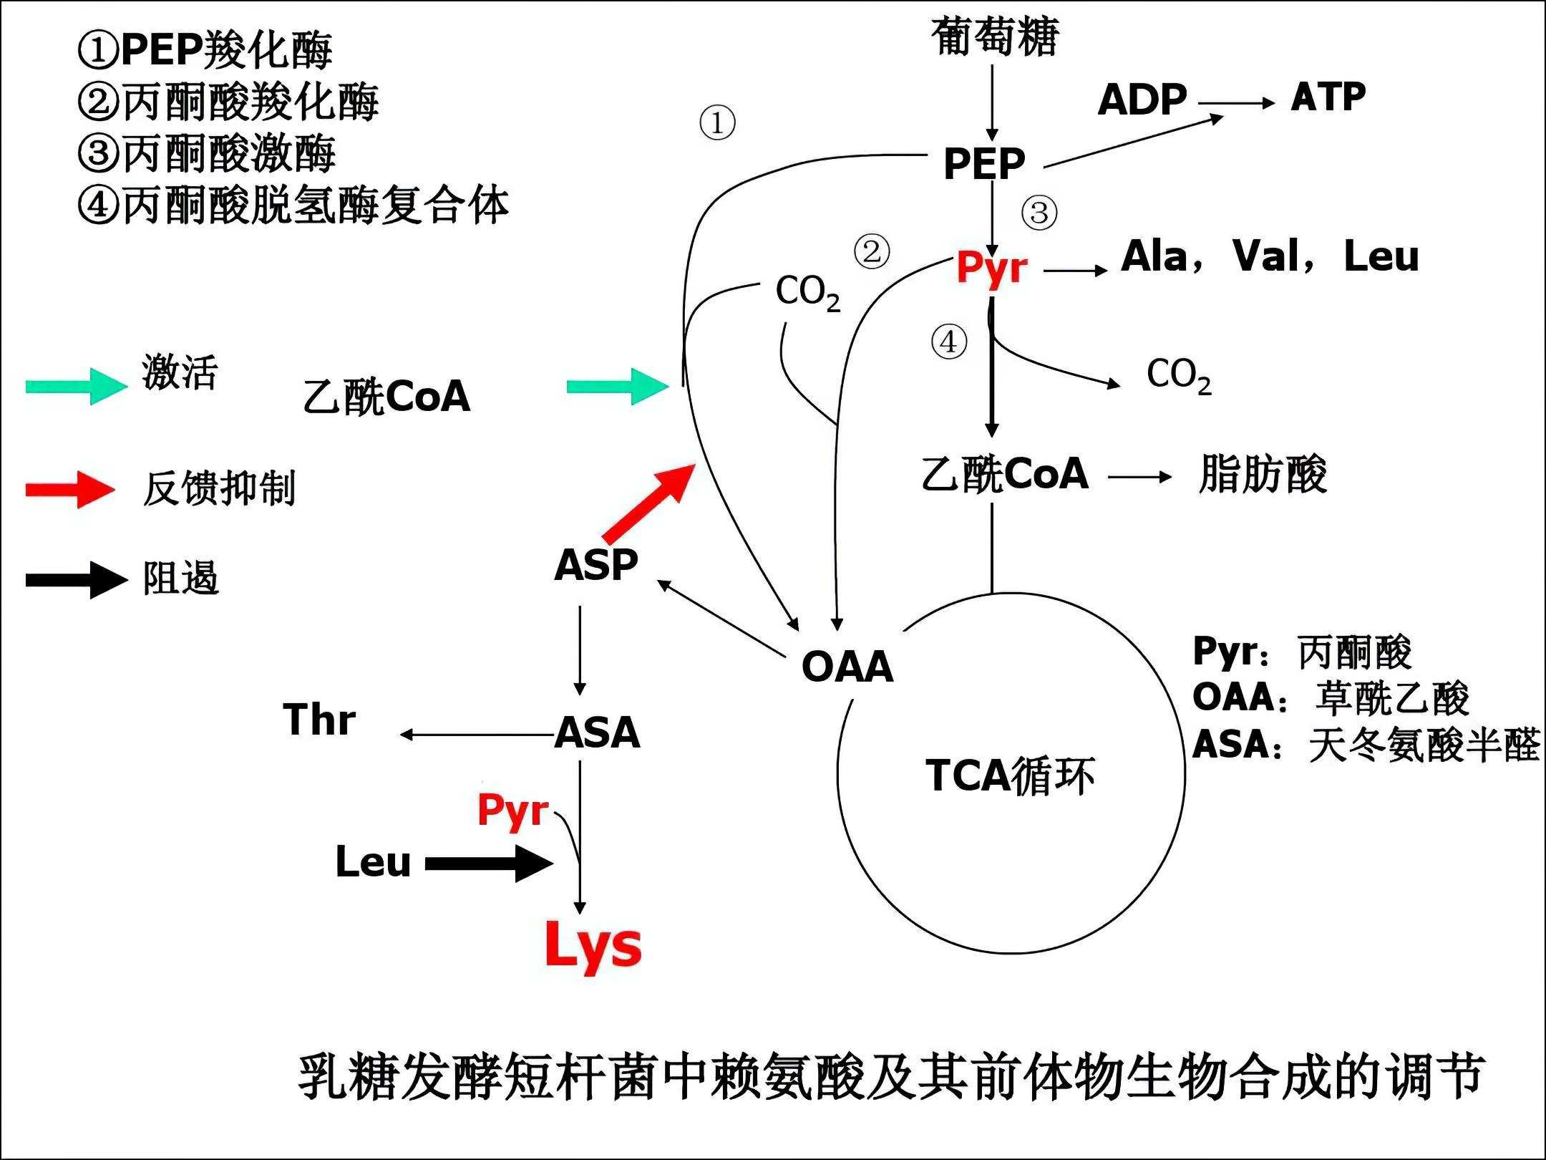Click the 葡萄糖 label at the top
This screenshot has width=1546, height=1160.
pos(994,37)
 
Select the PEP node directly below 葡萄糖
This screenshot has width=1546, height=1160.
pos(984,163)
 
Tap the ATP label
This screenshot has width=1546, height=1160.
pos(1328,97)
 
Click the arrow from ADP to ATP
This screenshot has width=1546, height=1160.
pos(1237,103)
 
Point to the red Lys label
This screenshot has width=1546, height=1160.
pos(593,946)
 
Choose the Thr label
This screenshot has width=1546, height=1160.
pos(319,720)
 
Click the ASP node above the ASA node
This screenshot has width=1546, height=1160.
pos(595,565)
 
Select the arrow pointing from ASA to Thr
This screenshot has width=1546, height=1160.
pos(476,735)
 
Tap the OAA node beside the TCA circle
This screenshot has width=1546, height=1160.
pos(847,667)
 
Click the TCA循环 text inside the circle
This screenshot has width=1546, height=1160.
pos(1010,775)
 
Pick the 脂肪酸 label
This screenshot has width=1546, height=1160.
pos(1263,474)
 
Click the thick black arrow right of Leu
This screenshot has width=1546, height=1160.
pos(490,863)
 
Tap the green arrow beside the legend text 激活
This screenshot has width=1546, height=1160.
pos(76,386)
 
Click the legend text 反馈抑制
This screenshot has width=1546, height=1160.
pos(219,489)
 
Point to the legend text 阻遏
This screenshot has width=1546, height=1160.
pos(180,579)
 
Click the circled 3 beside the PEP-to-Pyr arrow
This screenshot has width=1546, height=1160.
pos(1039,213)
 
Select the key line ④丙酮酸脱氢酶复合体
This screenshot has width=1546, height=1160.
pos(293,206)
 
